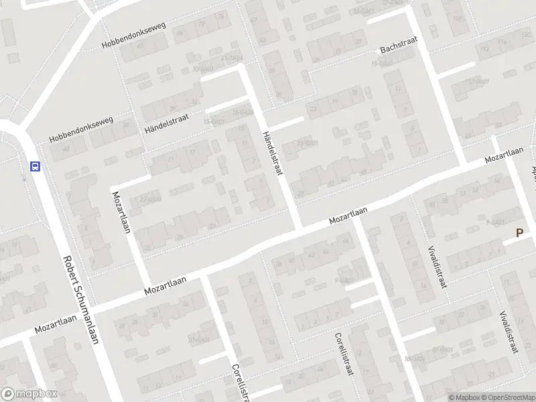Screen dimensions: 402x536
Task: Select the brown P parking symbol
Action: tap(519, 233)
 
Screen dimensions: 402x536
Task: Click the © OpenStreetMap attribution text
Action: tap(511, 397)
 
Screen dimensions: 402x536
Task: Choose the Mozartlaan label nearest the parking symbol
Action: tap(504, 153)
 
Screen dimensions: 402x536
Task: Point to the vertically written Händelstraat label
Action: tap(273, 153)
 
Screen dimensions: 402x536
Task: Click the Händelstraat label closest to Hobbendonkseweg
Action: tap(167, 121)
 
